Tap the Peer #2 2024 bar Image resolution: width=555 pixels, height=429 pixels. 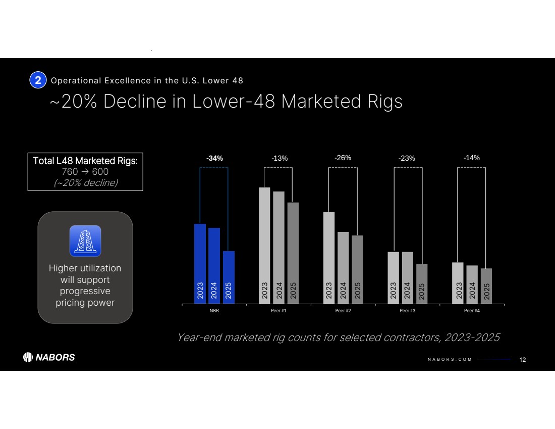point(343,267)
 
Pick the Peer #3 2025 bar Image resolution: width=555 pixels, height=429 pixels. point(421,283)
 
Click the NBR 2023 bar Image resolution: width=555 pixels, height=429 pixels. point(200,263)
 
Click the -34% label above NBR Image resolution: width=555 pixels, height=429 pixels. point(214,158)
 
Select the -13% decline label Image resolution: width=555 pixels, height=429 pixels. point(280,158)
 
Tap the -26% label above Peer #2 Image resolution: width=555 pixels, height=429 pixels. point(343,158)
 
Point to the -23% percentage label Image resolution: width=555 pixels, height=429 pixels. point(407,158)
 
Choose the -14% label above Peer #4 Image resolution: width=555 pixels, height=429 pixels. point(471,158)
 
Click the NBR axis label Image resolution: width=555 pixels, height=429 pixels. point(214,310)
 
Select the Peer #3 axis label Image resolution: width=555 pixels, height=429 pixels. point(407,310)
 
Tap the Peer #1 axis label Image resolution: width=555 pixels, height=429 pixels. point(279,310)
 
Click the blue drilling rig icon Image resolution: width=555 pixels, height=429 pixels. point(85,241)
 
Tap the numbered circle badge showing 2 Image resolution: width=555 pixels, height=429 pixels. point(38,80)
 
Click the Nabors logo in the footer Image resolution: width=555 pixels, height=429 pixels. point(49,357)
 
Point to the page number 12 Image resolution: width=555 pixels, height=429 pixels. point(523,359)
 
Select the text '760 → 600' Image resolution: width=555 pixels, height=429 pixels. point(85,172)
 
